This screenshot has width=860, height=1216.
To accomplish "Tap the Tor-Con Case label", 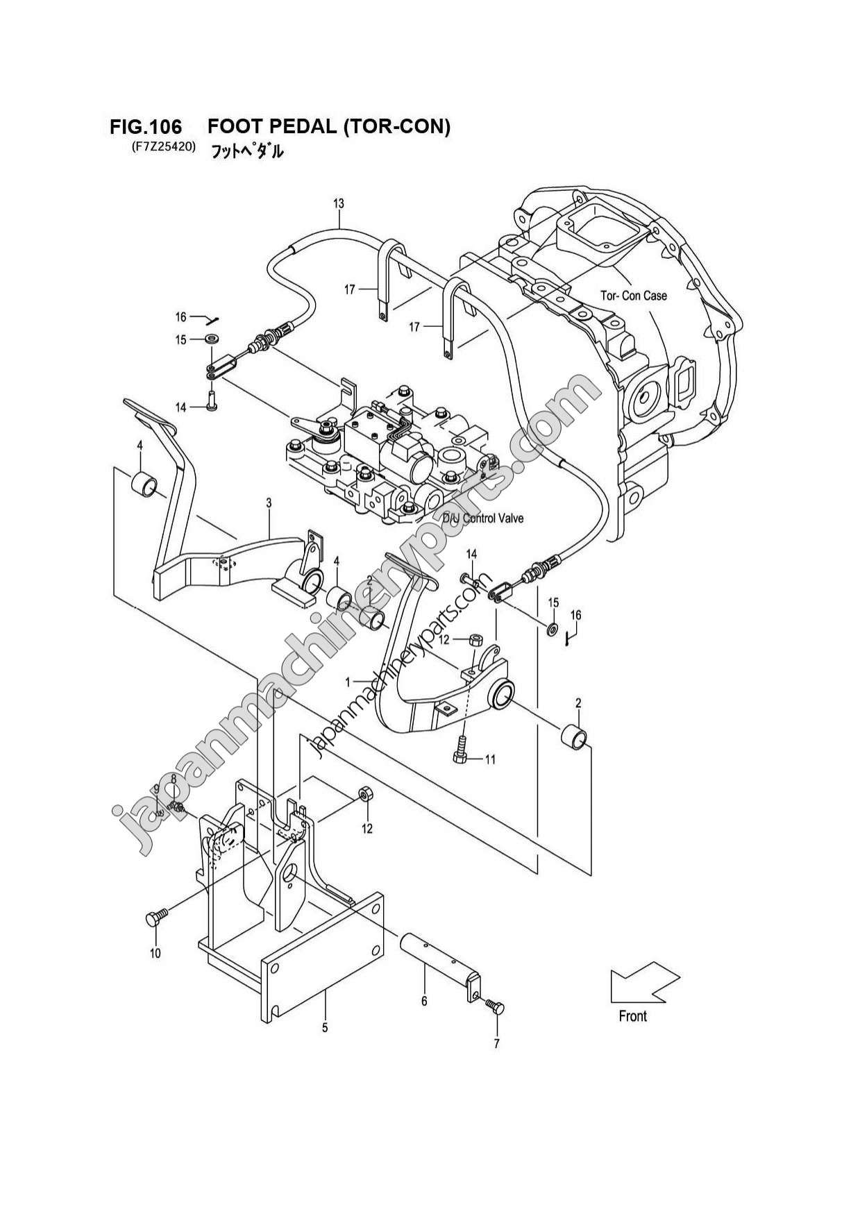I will (633, 296).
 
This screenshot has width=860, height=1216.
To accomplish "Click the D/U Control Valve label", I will (484, 518).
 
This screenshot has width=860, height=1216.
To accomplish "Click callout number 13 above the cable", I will (339, 203).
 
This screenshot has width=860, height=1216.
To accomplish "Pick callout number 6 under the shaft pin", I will (424, 1000).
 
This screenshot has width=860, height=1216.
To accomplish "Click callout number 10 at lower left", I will (155, 953).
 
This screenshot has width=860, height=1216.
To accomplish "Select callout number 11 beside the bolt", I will (490, 759).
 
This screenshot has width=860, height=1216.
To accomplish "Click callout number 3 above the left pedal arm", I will (269, 503).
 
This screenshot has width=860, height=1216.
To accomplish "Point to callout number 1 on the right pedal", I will (348, 683).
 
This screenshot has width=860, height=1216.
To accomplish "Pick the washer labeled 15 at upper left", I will (212, 339).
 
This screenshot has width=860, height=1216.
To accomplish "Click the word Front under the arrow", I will (632, 1016).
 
